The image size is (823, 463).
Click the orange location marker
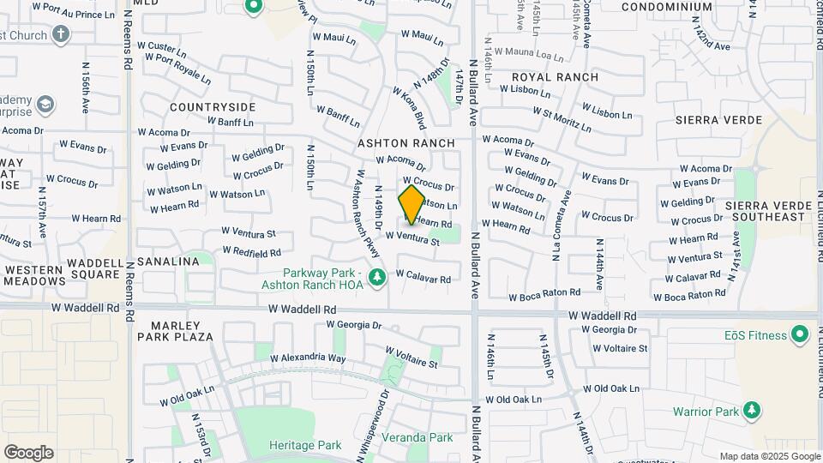click(x=412, y=205)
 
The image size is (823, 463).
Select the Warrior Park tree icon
click(x=752, y=411)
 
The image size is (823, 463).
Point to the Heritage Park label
click(x=305, y=445)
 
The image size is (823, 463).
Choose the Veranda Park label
click(x=430, y=437)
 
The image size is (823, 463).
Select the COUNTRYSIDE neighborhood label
click(x=213, y=107)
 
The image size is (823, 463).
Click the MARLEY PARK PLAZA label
click(x=181, y=331)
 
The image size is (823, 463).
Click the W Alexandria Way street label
click(x=308, y=358)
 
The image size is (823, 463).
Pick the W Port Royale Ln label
click(x=178, y=68)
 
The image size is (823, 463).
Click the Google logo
click(x=28, y=453)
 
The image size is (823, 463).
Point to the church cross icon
click(x=60, y=34)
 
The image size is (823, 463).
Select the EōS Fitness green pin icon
click(x=800, y=333)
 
